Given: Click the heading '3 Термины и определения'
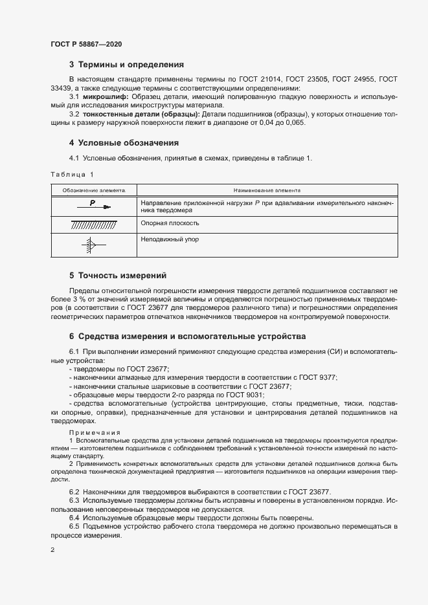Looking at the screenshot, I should pyautogui.click(x=127, y=65).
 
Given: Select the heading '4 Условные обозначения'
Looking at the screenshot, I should pyautogui.click(x=124, y=142).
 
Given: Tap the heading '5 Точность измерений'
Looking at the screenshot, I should pyautogui.click(x=118, y=275).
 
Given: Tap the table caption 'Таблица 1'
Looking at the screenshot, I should pyautogui.click(x=72, y=175).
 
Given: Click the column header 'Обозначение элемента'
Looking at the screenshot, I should pyautogui.click(x=93, y=191).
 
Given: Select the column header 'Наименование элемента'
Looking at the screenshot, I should pyautogui.click(x=267, y=191).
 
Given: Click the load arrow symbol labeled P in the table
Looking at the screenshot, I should pyautogui.click(x=95, y=206).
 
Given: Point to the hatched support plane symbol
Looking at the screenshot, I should pyautogui.click(x=94, y=225).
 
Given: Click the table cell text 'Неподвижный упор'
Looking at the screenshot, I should pyautogui.click(x=170, y=239).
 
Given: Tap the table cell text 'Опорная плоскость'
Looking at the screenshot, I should pyautogui.click(x=170, y=223).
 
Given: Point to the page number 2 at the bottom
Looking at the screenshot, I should pyautogui.click(x=52, y=550).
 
